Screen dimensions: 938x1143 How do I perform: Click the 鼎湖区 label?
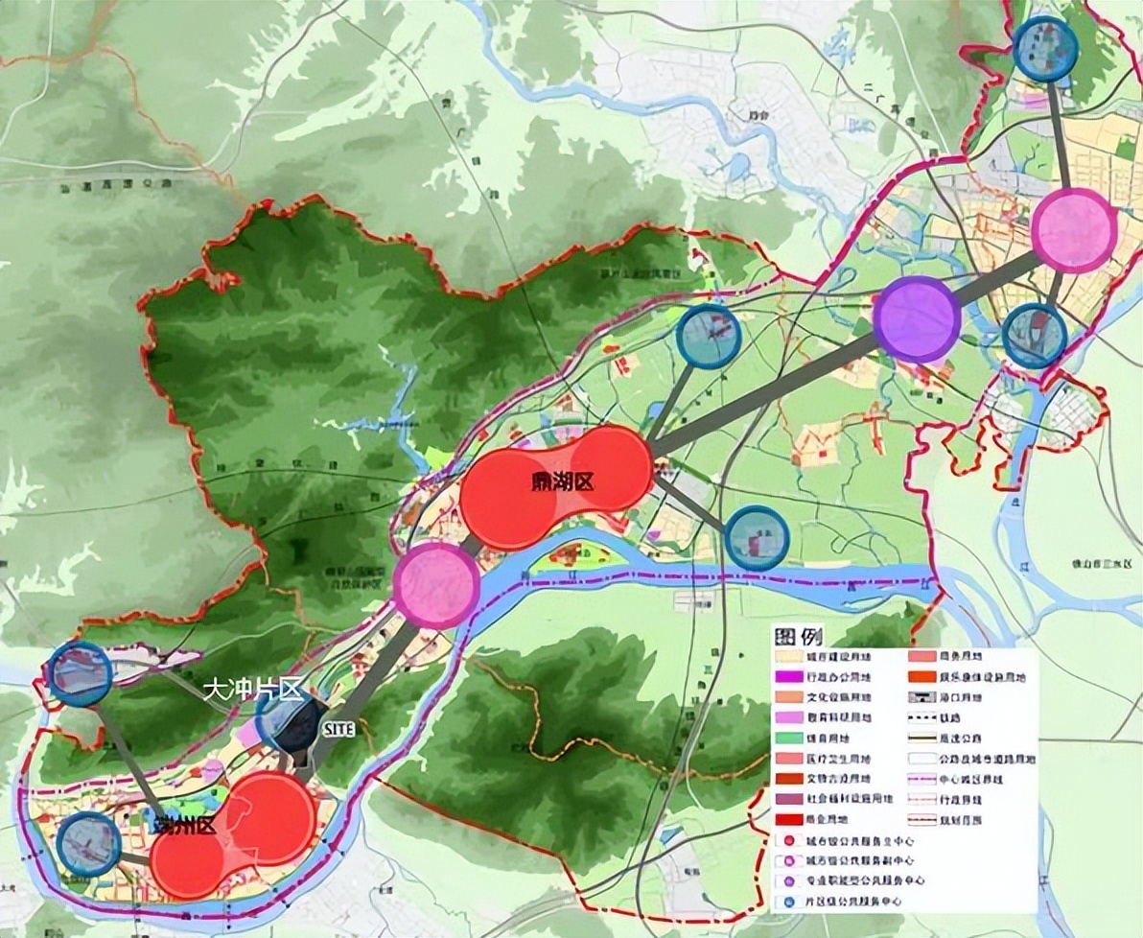(x=562, y=481)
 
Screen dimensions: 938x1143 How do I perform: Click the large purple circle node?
(x=917, y=319)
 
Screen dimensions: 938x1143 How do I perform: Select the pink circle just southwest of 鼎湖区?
(x=436, y=585)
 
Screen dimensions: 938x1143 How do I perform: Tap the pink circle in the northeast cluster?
(x=1075, y=231)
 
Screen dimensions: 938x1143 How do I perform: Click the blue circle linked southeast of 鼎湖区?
(x=757, y=538)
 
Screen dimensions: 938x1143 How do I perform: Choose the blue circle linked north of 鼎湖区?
(x=709, y=336)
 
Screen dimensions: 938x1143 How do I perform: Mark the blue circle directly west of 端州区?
(x=89, y=844)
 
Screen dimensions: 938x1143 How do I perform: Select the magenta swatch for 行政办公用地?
(x=790, y=677)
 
